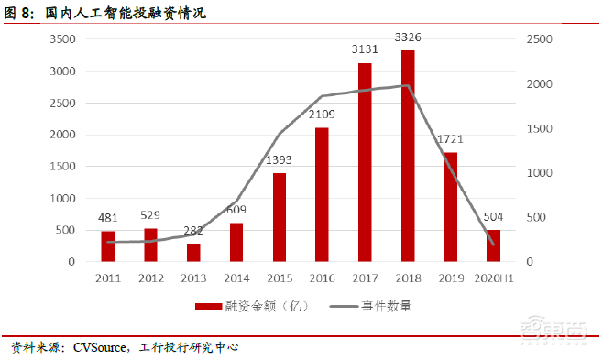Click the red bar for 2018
click(x=408, y=156)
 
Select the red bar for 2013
click(x=193, y=253)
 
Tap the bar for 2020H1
click(x=492, y=245)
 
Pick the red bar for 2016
click(x=322, y=194)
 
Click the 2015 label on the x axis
click(x=279, y=278)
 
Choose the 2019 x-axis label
click(x=450, y=278)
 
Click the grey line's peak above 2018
click(x=408, y=85)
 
